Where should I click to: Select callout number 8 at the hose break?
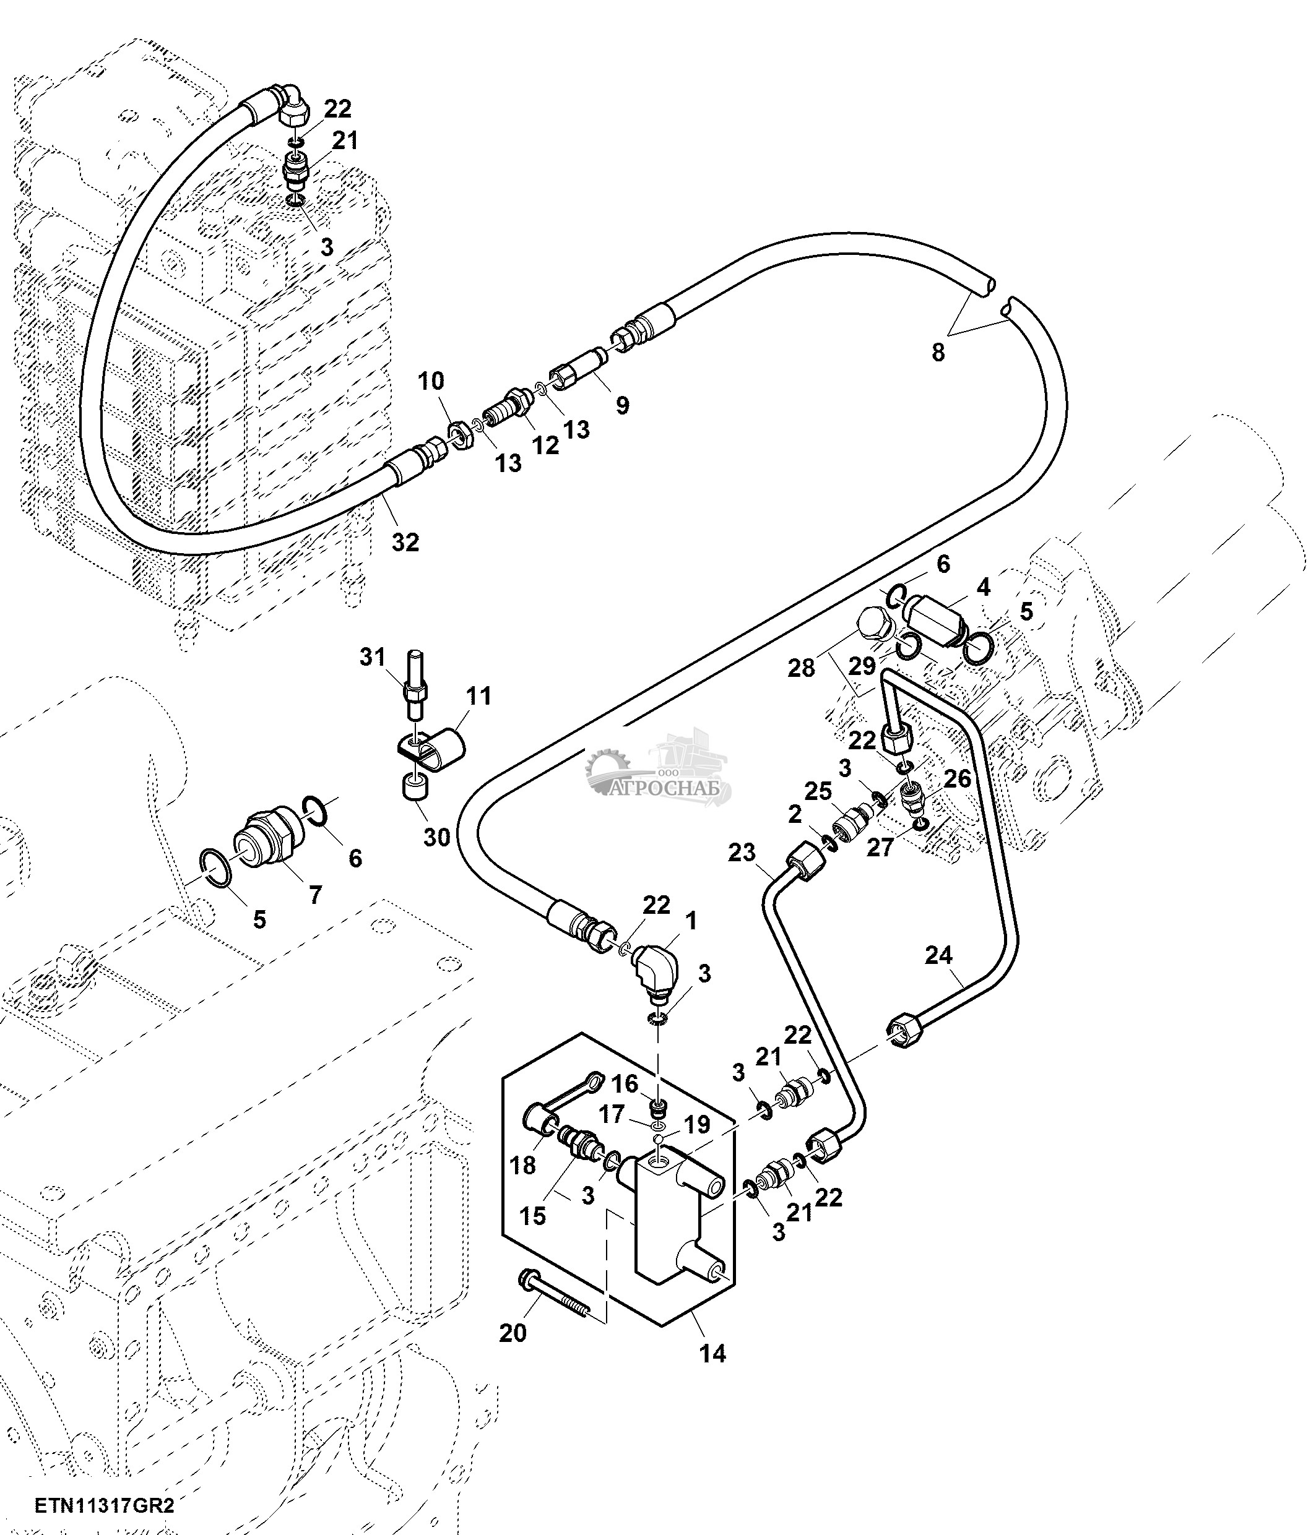pos(938,353)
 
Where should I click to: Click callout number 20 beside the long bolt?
pos(513,1333)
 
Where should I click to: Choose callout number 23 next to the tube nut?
pos(741,853)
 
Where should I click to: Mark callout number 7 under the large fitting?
pos(316,895)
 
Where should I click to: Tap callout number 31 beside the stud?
pos(373,656)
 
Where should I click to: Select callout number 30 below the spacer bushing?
pos(437,837)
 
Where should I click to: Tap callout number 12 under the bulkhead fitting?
pos(545,445)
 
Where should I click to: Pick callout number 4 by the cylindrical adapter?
pos(982,588)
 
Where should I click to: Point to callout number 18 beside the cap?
pos(522,1166)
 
